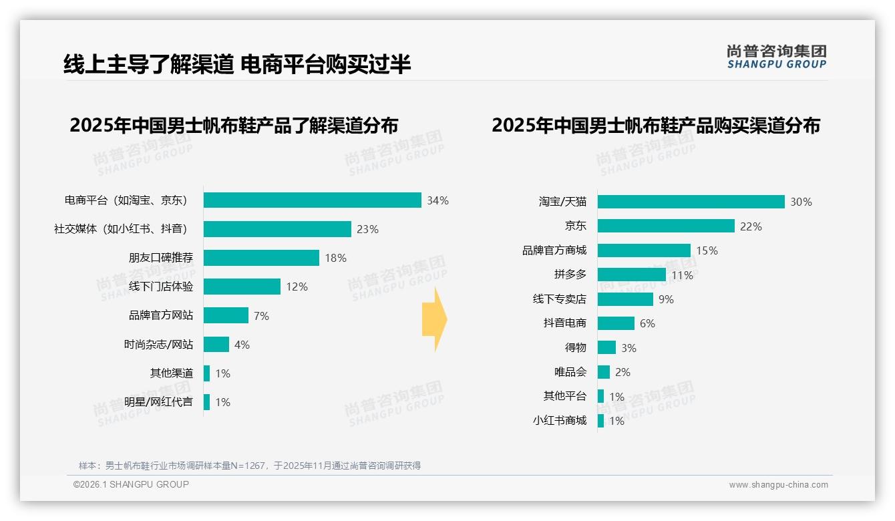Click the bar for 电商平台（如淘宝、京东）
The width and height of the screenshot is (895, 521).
(x=312, y=200)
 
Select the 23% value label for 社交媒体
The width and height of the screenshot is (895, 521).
(x=367, y=229)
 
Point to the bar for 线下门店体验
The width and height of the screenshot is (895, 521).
(x=242, y=287)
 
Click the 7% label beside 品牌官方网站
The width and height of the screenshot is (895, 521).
(x=261, y=316)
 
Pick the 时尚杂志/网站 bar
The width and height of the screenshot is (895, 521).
(x=216, y=345)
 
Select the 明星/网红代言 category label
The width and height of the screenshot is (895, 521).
(x=158, y=402)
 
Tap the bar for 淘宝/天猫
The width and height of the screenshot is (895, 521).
(x=691, y=202)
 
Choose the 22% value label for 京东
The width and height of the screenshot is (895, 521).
(x=751, y=226)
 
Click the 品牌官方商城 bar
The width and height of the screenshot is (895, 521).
(x=644, y=250)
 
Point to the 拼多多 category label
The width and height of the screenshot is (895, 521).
(x=570, y=275)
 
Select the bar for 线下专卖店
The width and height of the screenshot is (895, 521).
(x=625, y=299)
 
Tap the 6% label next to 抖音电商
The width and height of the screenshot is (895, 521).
(x=647, y=323)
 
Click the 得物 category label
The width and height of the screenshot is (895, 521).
(x=575, y=348)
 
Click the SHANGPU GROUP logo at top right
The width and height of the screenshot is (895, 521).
(x=776, y=57)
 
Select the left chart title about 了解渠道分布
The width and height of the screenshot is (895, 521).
(x=234, y=126)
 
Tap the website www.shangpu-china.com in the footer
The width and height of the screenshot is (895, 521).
(x=778, y=485)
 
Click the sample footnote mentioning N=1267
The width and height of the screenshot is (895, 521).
(x=250, y=466)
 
